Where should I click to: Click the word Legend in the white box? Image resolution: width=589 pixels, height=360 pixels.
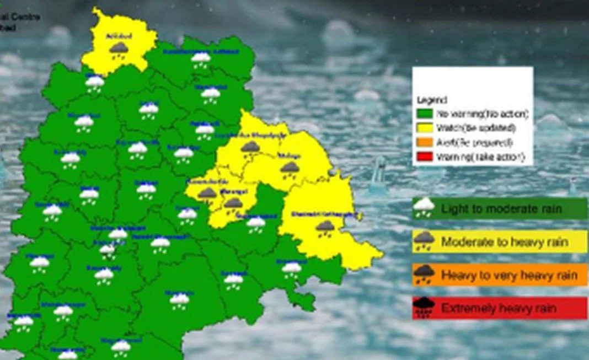[432, 100]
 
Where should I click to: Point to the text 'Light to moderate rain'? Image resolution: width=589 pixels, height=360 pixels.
[501, 209]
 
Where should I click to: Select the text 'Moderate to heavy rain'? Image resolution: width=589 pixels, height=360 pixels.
[504, 242]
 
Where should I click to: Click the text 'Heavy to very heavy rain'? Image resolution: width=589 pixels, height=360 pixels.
[509, 275]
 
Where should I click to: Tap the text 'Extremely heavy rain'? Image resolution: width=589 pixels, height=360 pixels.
[499, 308]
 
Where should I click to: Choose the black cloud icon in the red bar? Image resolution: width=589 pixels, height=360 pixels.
[424, 308]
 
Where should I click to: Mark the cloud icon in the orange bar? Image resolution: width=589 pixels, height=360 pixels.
[424, 274]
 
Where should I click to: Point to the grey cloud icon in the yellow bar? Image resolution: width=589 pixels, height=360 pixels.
[424, 240]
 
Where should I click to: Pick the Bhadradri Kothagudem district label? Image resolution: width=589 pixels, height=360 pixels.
[323, 214]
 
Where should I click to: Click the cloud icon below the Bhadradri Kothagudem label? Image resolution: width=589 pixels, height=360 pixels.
[325, 227]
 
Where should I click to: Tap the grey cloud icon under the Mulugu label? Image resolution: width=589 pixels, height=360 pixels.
[290, 168]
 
